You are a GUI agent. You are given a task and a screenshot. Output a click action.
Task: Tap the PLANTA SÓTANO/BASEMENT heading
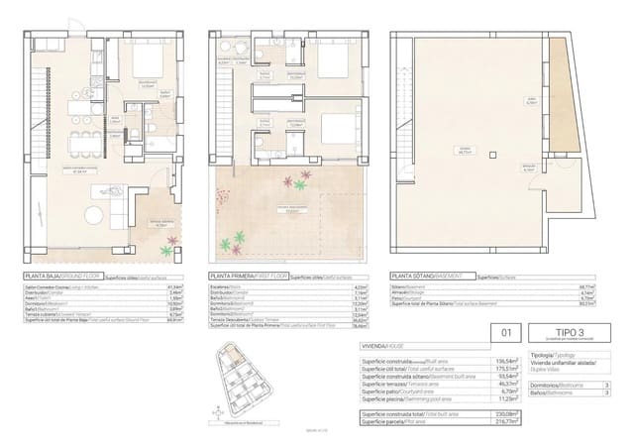[425, 277]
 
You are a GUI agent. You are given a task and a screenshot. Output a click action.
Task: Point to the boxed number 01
[506, 334]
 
